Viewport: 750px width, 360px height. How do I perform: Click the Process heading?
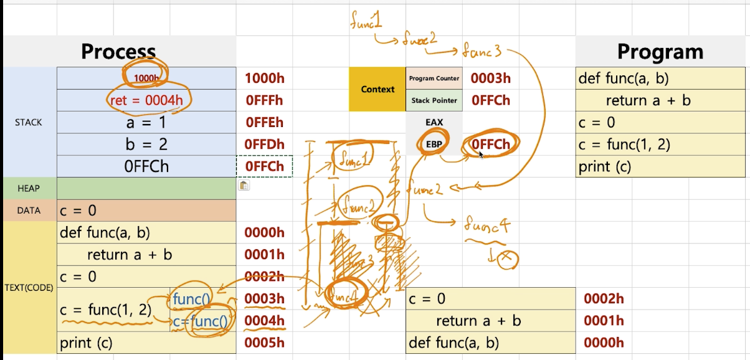(x=118, y=52)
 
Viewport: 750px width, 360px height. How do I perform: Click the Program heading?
(x=660, y=52)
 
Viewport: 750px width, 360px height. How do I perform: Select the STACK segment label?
(x=29, y=122)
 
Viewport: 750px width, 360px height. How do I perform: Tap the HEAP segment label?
(x=29, y=188)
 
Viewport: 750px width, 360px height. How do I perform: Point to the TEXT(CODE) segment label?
(x=29, y=288)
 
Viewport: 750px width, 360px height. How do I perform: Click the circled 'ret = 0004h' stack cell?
(x=147, y=100)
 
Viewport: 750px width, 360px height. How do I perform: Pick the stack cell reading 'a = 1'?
(x=147, y=123)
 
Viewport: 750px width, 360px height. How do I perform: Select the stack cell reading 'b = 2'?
(x=147, y=144)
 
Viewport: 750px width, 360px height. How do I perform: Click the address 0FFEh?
(x=264, y=123)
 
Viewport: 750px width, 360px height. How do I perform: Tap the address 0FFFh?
(x=264, y=100)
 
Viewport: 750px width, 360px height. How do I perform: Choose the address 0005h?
(x=264, y=343)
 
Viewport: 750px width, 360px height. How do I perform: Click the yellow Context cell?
(x=377, y=89)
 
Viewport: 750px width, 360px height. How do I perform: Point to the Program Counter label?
(x=434, y=78)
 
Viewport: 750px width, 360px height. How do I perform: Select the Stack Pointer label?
(x=434, y=100)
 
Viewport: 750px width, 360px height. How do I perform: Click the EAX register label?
(x=434, y=122)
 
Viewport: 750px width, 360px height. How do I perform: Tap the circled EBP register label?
(x=434, y=144)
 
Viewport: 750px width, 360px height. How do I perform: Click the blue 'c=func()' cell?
(x=201, y=321)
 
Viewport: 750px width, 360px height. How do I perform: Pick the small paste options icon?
(x=244, y=185)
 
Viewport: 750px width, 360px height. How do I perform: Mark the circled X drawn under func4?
(x=508, y=258)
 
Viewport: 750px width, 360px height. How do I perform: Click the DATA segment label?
(x=29, y=211)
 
